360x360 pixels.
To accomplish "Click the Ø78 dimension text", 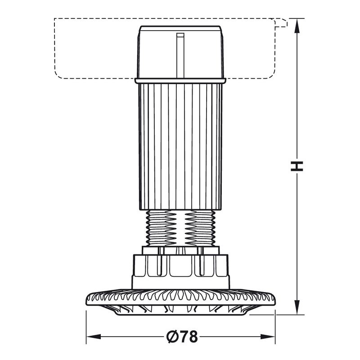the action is [x=182, y=337].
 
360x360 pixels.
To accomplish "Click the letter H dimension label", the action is [x=297, y=166].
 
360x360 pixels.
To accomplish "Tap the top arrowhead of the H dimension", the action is [x=297, y=26].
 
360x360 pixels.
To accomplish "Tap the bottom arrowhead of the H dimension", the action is [x=297, y=307].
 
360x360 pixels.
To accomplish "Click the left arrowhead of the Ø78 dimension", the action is [x=94, y=337].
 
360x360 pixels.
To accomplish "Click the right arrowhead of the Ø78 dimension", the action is [x=268, y=337].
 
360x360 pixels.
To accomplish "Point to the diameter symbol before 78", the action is [x=172, y=337].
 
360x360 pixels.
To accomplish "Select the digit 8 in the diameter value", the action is [x=193, y=337].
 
